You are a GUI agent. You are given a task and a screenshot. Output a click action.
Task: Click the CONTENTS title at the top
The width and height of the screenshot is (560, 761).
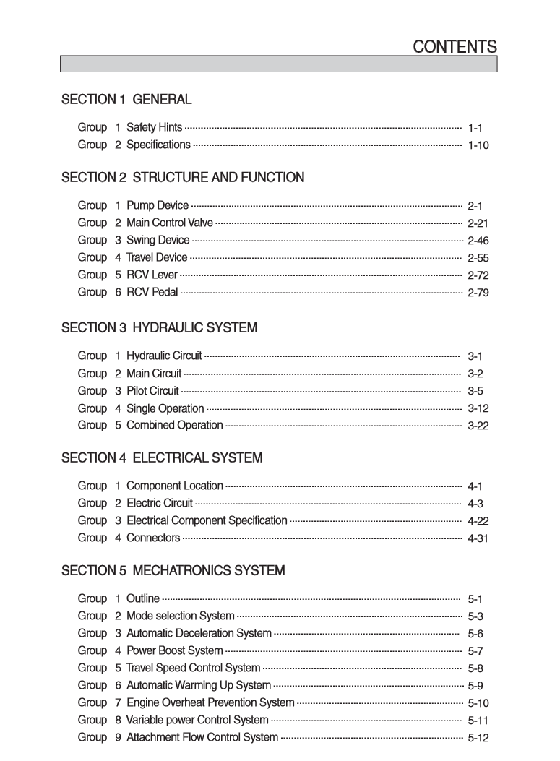[455, 47]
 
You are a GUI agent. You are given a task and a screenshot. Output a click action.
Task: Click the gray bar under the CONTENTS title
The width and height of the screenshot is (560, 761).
[278, 64]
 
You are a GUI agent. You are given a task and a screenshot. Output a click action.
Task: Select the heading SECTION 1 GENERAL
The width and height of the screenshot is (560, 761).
[126, 100]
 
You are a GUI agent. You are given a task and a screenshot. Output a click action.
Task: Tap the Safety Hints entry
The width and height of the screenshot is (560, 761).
[154, 127]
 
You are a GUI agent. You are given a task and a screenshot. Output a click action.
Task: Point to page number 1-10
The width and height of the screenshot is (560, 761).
[478, 145]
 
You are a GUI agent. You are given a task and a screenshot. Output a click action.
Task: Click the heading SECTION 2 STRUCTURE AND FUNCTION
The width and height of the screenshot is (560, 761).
[183, 178]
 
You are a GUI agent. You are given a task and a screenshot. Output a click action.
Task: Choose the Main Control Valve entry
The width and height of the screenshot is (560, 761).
[170, 223]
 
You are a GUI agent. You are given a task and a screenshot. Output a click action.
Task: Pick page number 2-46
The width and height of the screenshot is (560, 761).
[478, 241]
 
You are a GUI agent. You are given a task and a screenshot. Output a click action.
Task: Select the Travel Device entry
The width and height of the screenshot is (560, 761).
[157, 257]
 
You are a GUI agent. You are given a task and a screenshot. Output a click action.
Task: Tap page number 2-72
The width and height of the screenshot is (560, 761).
[478, 275]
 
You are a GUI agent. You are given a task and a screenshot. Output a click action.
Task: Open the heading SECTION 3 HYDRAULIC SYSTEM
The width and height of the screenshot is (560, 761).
[159, 328]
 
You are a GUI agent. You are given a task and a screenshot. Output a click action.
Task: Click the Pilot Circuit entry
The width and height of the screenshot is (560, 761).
[152, 391]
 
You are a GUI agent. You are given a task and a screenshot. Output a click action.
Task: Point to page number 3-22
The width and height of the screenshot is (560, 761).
[478, 426]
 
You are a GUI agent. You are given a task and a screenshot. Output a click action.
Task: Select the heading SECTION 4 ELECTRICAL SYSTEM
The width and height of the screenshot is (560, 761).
[162, 458]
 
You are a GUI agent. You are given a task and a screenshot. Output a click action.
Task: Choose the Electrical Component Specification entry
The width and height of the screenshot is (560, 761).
[207, 520]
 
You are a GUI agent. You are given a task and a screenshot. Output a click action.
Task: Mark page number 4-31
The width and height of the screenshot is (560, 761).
[478, 538]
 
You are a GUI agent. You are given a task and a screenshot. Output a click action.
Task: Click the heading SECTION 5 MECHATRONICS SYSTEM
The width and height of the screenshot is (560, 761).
[173, 571]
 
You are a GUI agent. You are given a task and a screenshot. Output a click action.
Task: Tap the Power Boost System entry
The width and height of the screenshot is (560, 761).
[174, 650]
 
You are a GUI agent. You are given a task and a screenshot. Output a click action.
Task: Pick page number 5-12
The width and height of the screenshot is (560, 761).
[478, 738]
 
